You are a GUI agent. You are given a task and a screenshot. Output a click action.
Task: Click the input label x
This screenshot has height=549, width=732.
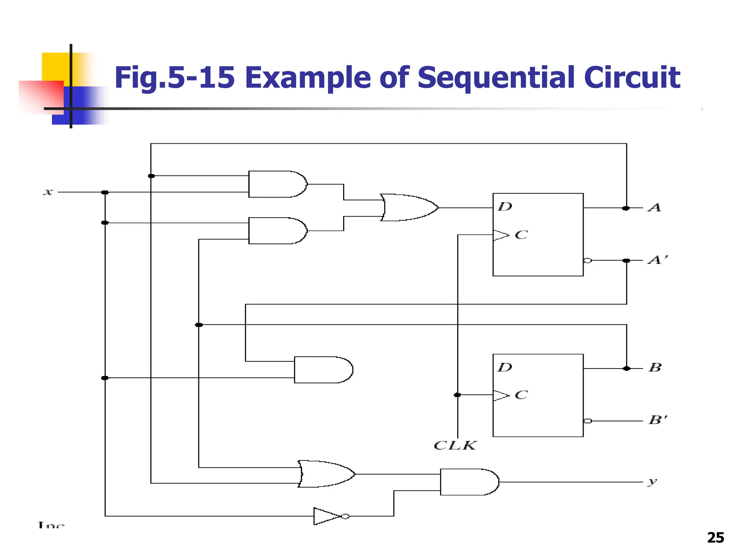48,192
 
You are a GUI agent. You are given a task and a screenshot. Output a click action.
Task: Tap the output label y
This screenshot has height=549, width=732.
652,482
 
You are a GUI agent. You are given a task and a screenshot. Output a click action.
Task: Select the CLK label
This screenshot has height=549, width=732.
455,445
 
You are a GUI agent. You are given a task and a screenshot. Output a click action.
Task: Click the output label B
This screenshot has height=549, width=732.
655,367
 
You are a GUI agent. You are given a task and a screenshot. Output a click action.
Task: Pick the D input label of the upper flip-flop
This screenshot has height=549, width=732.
505,207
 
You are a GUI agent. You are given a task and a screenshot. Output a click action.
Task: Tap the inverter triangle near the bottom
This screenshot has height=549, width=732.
326,516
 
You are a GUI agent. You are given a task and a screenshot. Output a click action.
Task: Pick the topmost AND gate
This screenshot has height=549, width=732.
277,184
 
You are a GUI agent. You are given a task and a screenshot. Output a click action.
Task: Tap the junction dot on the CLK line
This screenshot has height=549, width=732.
457,395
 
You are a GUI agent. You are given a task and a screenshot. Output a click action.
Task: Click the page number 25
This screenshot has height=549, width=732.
715,538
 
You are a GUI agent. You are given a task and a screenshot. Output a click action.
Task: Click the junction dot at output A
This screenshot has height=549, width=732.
626,208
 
